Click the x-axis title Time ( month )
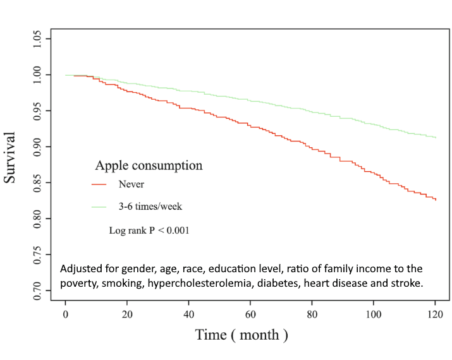pos(241,335)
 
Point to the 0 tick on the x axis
pos(66,314)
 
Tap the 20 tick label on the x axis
pos(127,314)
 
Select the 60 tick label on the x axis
pos(250,314)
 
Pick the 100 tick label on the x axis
pos(373,314)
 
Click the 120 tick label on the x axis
pos(435,314)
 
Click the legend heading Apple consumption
pos(149,165)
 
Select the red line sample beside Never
pos(100,184)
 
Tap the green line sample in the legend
pos(100,207)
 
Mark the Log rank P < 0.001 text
pos(149,231)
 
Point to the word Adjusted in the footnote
pos(81,268)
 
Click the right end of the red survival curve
pos(436,200)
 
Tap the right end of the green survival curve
pos(436,137)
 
